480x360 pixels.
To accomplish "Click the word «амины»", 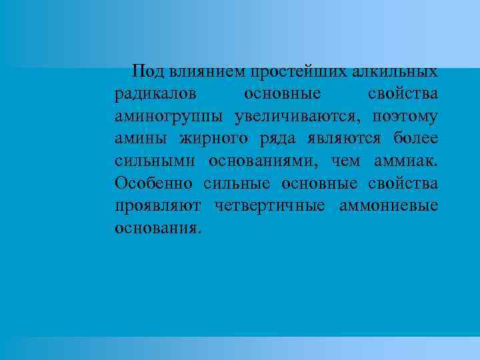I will point(138,139).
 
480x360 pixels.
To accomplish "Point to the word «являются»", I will point(351,139).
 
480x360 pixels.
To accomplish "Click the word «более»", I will point(415,139).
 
